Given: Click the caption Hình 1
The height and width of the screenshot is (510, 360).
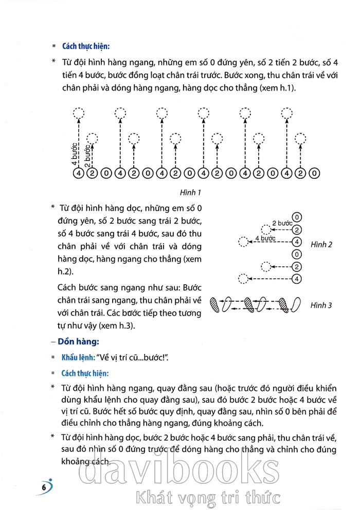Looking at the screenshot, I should click(189, 192).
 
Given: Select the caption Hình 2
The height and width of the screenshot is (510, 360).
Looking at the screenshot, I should click(321, 245).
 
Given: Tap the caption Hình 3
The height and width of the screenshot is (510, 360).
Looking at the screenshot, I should click(321, 305).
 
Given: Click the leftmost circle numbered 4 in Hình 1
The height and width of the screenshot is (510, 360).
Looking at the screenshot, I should click(78, 174).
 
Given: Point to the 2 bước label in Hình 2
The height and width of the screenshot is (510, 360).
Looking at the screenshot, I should click(282, 223).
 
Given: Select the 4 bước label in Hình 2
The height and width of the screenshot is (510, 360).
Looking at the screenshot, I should click(265, 238).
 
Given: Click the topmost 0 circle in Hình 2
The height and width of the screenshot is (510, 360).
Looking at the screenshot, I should click(296, 217).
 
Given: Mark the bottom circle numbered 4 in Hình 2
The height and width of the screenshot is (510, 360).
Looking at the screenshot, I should click(296, 279).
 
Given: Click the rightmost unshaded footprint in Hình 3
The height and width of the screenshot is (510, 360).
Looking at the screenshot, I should click(296, 304).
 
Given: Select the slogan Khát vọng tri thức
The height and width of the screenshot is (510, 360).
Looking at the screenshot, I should click(206, 498).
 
